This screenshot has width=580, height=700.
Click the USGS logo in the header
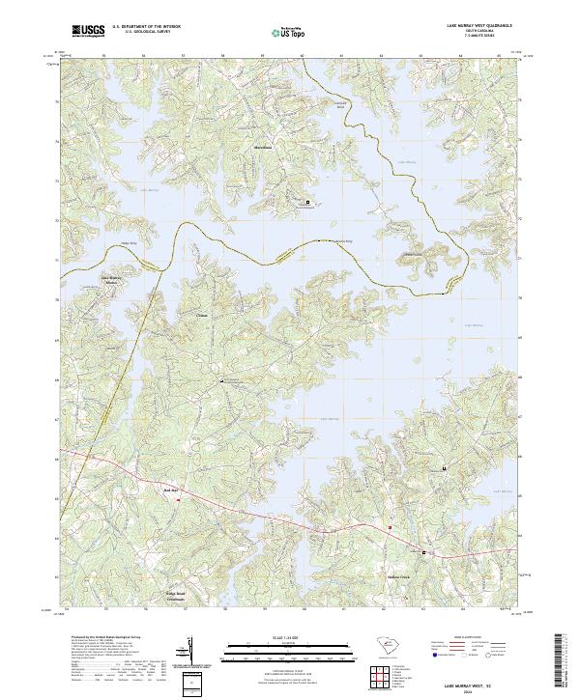coord(88,31)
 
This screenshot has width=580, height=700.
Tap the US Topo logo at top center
coord(289,31)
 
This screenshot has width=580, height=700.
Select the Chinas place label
coord(202,315)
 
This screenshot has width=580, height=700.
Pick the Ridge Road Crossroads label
coord(174,597)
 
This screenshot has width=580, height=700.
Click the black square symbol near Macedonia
coord(308,202)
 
